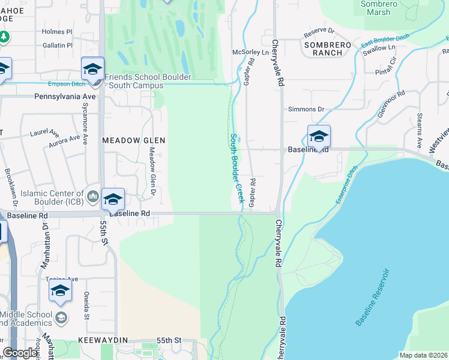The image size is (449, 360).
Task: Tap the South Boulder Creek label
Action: [236, 168]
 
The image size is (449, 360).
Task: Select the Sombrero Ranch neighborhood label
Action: [323, 49]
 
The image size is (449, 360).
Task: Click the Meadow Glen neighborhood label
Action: [133, 140]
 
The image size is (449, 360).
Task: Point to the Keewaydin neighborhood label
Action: [103, 340]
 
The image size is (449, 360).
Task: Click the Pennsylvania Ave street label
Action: [65, 96]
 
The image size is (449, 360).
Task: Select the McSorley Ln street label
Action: [250, 53]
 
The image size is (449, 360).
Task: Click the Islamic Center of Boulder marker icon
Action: [93, 196]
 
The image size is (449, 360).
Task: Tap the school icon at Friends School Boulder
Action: [93, 68]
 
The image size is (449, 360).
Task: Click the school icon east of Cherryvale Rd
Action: [319, 136]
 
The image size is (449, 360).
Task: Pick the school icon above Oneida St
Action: [60, 291]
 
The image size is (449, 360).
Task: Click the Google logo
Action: [20, 353]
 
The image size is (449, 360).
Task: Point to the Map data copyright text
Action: [423, 355]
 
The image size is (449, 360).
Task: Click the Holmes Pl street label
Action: [56, 32]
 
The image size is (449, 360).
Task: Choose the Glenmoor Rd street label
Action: [393, 103]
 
